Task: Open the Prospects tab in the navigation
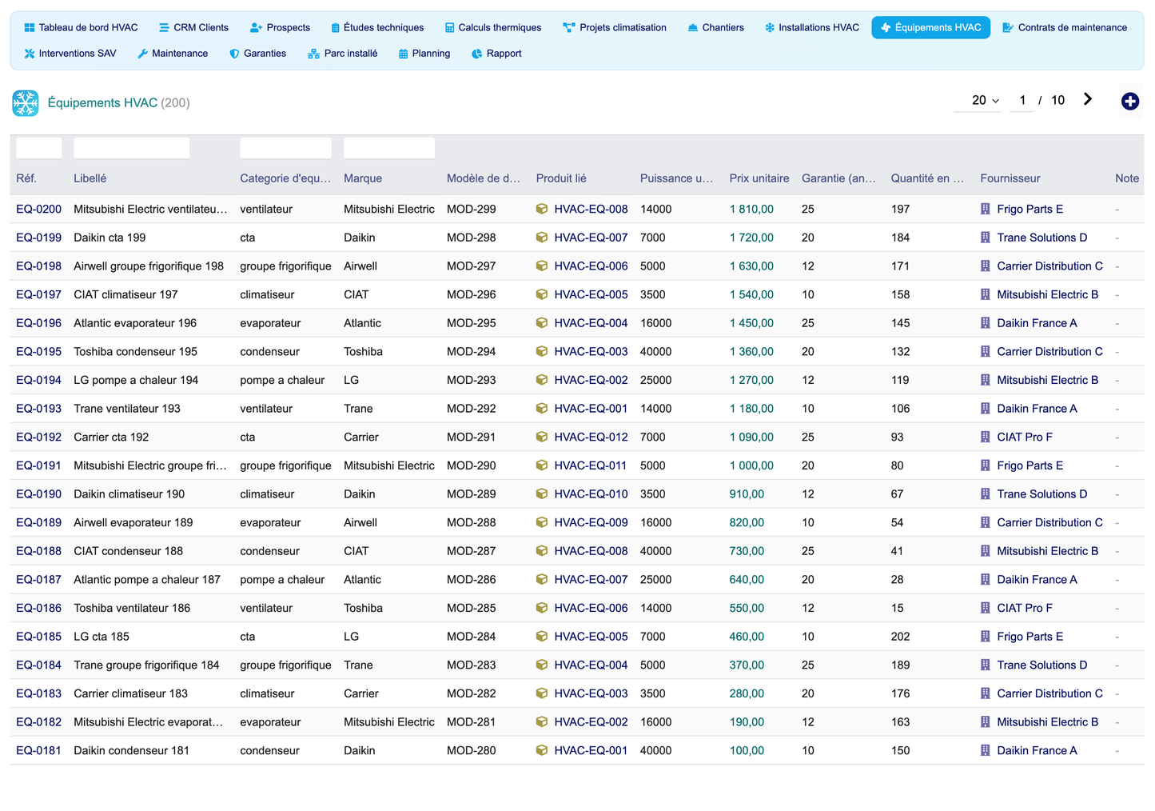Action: (280, 27)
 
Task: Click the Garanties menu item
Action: (257, 53)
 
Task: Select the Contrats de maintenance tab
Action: (1065, 27)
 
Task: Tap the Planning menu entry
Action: (424, 53)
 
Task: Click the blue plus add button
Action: (1129, 101)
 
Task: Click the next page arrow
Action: (1088, 99)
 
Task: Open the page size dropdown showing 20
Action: (985, 100)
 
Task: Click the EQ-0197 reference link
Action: (38, 294)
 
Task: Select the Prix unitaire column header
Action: (759, 178)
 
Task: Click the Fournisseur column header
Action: (1010, 178)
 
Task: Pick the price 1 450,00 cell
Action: (751, 323)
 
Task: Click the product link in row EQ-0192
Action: (591, 437)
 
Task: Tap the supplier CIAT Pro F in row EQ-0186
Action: (1024, 608)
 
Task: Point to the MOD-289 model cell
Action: (471, 493)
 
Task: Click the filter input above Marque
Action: (388, 148)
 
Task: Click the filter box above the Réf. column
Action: (38, 148)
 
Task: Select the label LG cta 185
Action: (101, 636)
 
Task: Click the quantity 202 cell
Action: (900, 636)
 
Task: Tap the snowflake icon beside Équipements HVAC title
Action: (26, 103)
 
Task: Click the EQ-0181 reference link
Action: (38, 750)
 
